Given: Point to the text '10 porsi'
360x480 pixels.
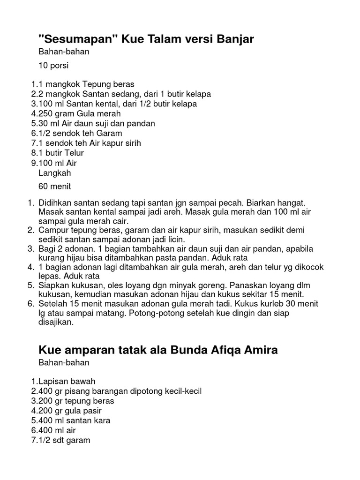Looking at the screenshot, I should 53,65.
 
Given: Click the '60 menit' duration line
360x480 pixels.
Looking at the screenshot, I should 55,187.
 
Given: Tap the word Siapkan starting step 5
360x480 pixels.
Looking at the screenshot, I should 55,285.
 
